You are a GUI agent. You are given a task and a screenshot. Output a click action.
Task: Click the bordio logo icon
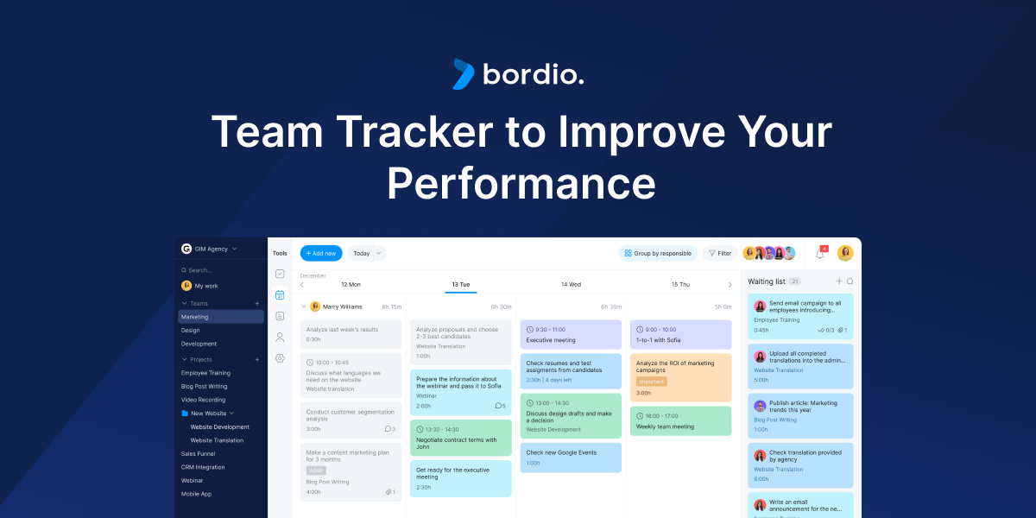[x=464, y=74]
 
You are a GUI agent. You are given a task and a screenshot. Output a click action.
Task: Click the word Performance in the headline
[x=521, y=182]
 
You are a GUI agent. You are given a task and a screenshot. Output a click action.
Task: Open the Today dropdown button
[x=367, y=253]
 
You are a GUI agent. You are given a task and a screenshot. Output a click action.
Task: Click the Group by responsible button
[x=658, y=253]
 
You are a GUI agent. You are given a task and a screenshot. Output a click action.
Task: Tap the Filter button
[x=719, y=253]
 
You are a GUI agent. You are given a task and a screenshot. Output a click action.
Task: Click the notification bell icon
[x=819, y=253]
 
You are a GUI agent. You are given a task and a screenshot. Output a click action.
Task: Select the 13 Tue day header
[x=460, y=284]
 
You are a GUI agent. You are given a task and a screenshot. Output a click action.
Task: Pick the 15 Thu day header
[x=680, y=284]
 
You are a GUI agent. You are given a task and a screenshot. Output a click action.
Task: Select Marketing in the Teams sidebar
[x=195, y=317]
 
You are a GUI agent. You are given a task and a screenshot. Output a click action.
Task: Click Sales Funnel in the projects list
[x=198, y=453]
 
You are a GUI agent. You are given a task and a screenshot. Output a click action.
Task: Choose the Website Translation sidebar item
[x=217, y=440]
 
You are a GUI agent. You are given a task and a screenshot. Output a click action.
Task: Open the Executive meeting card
[x=571, y=335]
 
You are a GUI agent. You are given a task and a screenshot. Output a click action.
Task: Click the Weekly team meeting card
[x=680, y=421]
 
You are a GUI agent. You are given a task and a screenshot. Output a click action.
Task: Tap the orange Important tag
[x=651, y=381]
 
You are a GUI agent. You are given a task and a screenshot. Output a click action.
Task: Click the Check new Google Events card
[x=571, y=458]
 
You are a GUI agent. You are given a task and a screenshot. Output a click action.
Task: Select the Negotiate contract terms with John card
[x=460, y=439]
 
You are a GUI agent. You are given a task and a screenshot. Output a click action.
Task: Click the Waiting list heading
[x=767, y=281]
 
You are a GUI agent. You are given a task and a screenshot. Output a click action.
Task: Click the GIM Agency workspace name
[x=212, y=249]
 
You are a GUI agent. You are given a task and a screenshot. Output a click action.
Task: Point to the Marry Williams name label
[x=343, y=306]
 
